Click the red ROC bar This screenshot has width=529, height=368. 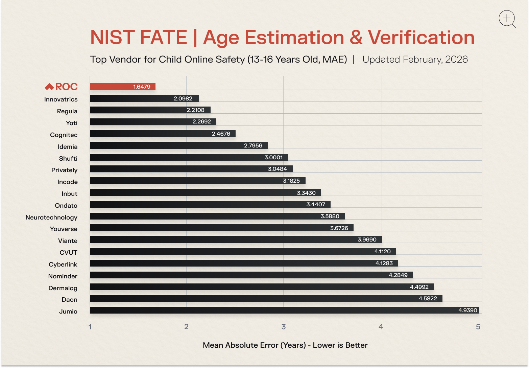(122, 87)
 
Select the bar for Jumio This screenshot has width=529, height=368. (284, 310)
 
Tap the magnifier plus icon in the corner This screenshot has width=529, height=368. (507, 19)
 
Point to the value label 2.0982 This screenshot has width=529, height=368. (183, 99)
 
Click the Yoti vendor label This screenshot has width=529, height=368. (72, 123)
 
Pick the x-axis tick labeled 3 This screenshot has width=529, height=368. (283, 327)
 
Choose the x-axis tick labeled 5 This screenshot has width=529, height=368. (478, 327)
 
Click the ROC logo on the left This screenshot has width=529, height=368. (62, 87)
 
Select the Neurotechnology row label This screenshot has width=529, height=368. (51, 217)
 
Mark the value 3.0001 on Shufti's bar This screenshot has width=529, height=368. (273, 158)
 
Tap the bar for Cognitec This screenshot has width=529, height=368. (162, 134)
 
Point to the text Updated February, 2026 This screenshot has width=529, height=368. (415, 60)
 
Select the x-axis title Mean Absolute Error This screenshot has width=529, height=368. (285, 345)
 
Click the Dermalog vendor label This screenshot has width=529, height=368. (63, 288)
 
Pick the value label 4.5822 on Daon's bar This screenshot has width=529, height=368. (428, 299)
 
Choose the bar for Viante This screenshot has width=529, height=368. (236, 240)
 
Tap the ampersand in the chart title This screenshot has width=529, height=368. (356, 38)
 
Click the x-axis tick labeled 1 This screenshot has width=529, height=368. (90, 327)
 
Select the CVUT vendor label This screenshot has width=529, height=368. (68, 253)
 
